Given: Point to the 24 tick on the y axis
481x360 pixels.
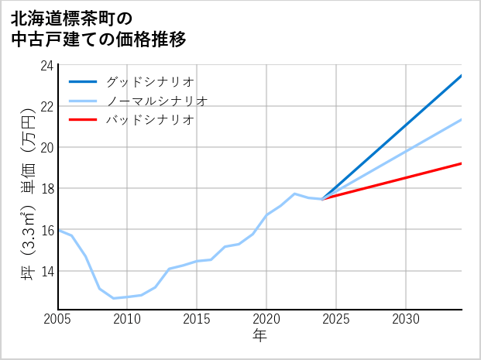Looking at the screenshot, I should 46,65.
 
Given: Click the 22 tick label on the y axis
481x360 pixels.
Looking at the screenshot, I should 46,106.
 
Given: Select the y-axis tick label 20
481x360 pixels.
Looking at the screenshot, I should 46,147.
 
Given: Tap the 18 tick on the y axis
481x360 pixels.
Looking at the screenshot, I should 46,188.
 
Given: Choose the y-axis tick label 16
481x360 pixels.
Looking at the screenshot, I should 46,230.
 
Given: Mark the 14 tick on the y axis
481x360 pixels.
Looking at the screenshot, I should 46,271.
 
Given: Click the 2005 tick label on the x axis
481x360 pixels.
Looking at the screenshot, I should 58,319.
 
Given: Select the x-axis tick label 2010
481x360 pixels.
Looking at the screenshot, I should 128,319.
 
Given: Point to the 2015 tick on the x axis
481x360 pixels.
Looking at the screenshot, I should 198,319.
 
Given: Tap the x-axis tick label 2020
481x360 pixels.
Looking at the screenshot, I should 266,319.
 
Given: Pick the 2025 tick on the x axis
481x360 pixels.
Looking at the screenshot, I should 336,319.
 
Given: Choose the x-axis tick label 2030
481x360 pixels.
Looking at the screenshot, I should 406,319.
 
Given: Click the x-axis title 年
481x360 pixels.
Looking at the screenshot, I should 260,336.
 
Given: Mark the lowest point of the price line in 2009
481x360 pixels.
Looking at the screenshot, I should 114,298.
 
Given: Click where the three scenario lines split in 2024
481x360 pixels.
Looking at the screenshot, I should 322,199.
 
